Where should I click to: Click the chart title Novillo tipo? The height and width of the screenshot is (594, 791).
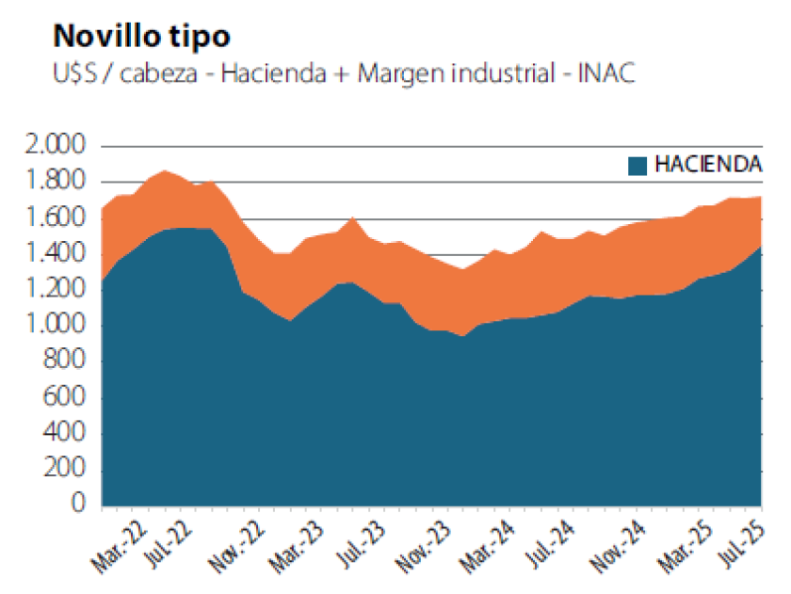pyautogui.click(x=142, y=36)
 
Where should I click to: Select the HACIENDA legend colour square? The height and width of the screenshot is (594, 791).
pyautogui.click(x=637, y=165)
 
